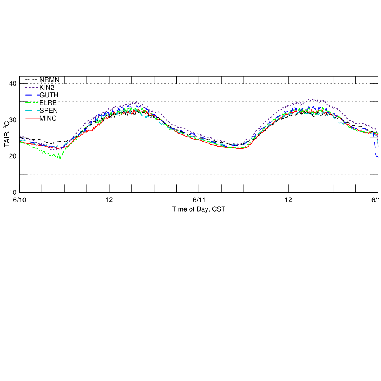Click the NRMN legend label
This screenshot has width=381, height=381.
point(49,80)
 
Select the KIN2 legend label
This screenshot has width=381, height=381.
point(47,87)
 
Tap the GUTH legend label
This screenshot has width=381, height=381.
point(49,95)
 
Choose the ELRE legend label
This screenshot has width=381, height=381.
point(48,102)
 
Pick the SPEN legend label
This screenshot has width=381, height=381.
point(49,110)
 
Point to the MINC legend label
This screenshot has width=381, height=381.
point(48,118)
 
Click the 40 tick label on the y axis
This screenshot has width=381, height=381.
point(13,84)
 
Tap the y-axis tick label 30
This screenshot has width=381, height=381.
point(13,120)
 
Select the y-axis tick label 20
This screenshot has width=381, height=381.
point(13,156)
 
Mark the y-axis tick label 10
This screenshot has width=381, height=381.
point(13,192)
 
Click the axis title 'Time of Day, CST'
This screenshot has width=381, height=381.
point(199,209)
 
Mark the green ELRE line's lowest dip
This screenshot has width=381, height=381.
point(60,158)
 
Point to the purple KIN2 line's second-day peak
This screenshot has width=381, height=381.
point(310,99)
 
